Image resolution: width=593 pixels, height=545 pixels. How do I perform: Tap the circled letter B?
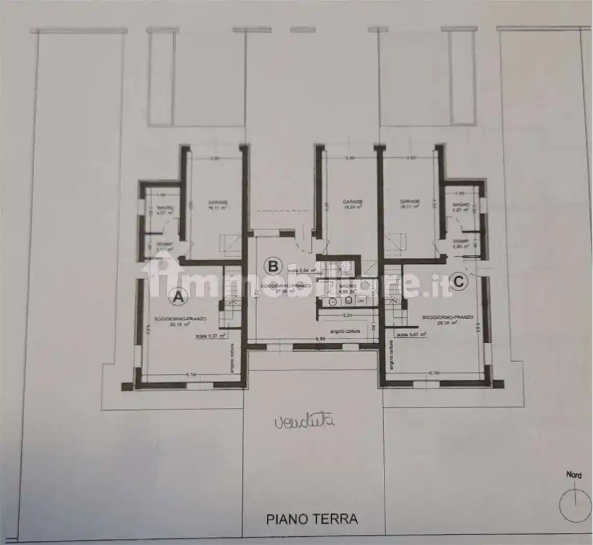(x=272, y=266)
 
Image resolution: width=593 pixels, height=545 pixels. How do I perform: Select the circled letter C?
(x=459, y=282)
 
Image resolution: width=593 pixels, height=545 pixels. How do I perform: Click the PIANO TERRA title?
(x=312, y=518)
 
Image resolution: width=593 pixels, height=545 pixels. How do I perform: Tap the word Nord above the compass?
(x=574, y=474)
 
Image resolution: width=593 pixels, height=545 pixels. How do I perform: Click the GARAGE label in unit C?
(x=410, y=201)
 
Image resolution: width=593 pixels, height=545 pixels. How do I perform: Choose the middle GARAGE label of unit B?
(x=352, y=201)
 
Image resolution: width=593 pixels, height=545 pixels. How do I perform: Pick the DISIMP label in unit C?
(x=460, y=241)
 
